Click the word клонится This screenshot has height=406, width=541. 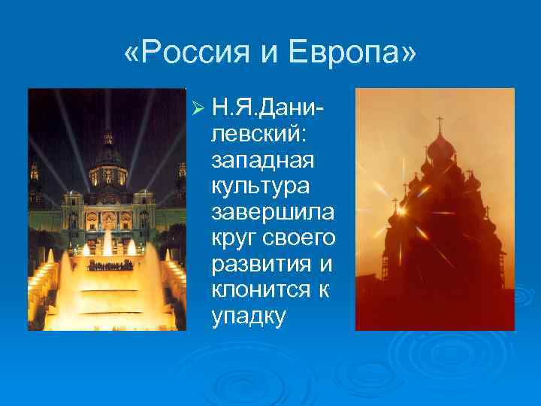(260, 291)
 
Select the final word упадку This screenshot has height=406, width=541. (249, 317)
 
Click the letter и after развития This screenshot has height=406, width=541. (328, 265)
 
